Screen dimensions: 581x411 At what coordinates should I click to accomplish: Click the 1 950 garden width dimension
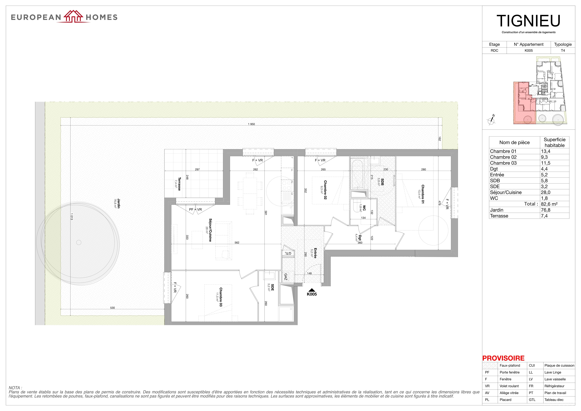coord(251,124)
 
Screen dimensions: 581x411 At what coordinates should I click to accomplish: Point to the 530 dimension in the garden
coord(112,308)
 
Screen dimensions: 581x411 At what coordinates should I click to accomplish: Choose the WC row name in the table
coord(494,198)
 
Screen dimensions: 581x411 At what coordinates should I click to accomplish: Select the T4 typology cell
coord(563,50)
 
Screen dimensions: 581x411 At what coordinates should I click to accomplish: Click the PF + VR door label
coord(195,209)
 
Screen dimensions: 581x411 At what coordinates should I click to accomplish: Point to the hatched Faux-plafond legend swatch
coord(490,365)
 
